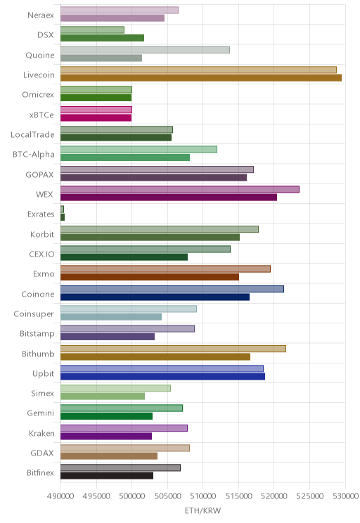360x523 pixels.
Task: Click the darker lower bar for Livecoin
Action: pos(201,78)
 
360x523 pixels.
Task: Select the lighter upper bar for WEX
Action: pos(180,189)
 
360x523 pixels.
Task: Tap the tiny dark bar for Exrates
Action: pos(63,217)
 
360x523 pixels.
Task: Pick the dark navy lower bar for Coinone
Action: pos(155,297)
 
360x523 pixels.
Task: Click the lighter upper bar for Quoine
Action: pos(145,50)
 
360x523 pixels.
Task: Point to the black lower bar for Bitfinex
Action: pos(107,476)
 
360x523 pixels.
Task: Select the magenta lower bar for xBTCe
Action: pos(96,117)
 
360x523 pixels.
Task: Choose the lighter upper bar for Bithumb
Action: pos(173,349)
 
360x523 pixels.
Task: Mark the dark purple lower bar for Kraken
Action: pos(106,436)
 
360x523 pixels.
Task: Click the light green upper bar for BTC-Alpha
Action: pos(139,149)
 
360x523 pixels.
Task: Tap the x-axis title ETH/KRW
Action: pos(203,510)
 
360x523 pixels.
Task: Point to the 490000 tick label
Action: pos(60,496)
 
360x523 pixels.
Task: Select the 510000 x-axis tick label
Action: pos(203,496)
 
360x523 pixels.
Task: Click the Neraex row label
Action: pos(41,15)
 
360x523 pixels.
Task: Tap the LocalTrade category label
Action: pos(32,134)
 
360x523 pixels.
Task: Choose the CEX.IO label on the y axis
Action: pos(41,254)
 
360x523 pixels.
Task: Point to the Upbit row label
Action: pos(43,373)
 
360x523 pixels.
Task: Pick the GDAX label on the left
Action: pos(42,453)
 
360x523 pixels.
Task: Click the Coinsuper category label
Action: pos(34,314)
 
